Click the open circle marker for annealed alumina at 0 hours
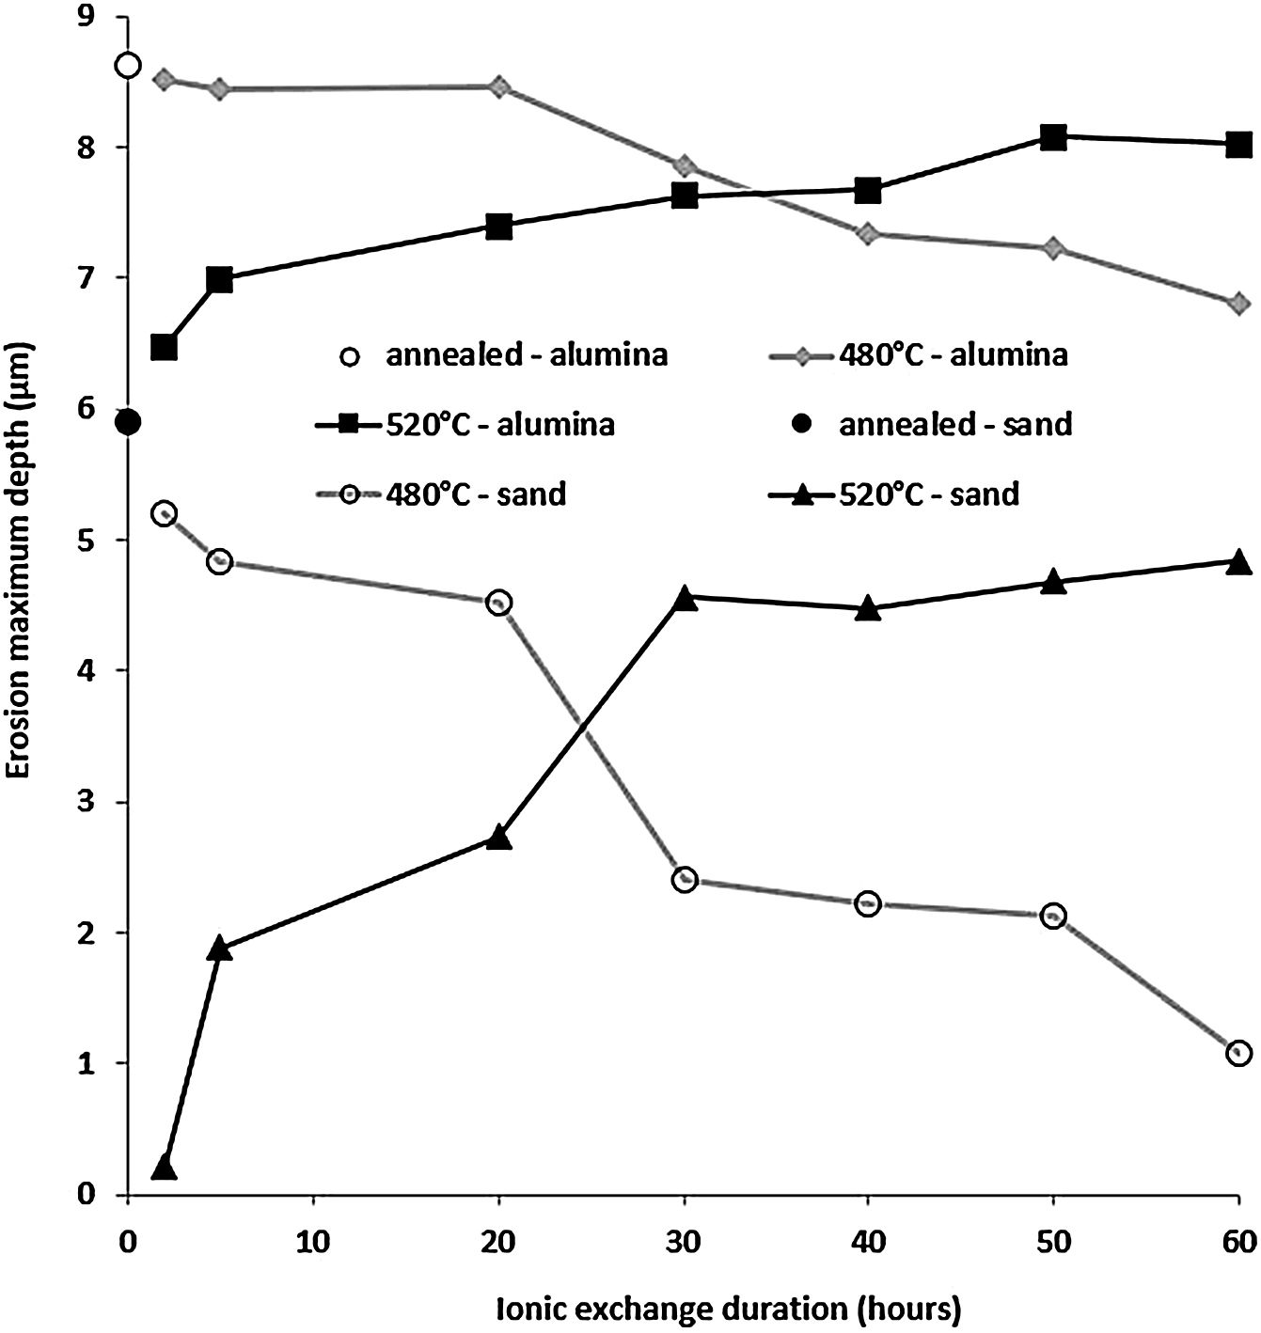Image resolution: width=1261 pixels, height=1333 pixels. tap(128, 65)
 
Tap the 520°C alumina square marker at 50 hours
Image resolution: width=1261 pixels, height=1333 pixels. tap(1054, 136)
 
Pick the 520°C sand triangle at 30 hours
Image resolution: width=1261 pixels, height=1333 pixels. tap(685, 598)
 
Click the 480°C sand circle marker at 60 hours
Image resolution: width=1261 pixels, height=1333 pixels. tap(1238, 1052)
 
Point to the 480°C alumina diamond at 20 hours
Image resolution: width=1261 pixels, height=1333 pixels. tap(499, 86)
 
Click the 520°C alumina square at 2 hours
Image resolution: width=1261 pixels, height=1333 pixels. tap(164, 347)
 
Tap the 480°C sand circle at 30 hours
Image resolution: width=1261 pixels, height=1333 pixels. tap(685, 880)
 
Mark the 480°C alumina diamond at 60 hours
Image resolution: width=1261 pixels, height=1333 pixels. tap(1238, 303)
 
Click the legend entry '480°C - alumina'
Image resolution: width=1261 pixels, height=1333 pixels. tap(953, 355)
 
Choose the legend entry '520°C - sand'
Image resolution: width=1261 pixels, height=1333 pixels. tap(929, 493)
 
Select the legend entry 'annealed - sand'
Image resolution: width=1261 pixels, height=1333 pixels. tap(954, 424)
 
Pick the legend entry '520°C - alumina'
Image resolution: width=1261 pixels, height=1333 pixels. tap(499, 424)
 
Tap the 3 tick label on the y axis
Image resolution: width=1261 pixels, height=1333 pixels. tap(94, 803)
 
